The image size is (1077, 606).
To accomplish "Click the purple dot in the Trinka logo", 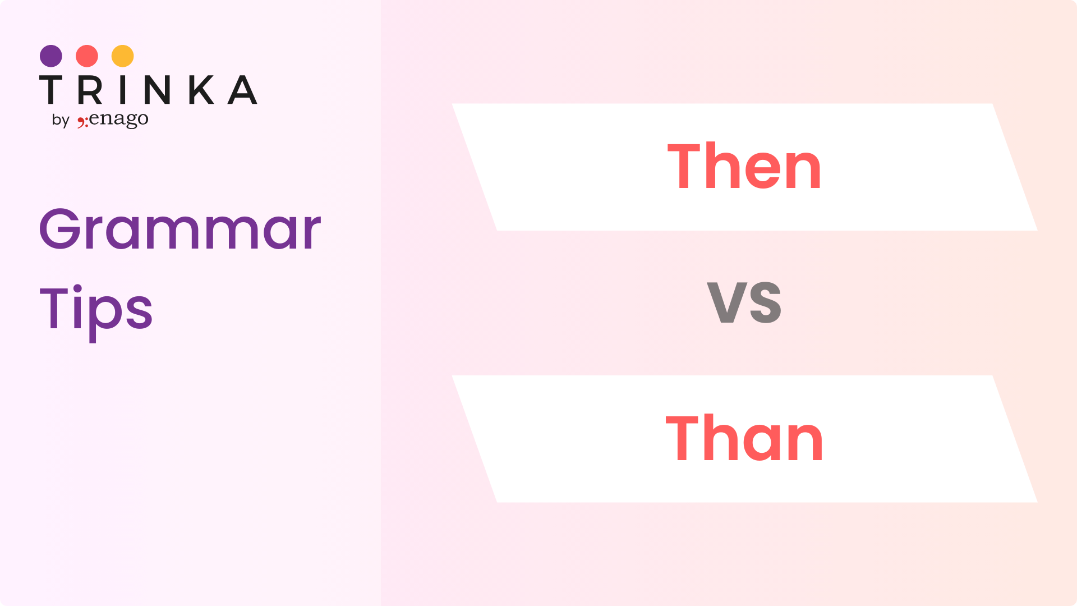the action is coord(51,56).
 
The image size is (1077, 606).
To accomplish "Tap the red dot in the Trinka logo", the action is coord(87,56).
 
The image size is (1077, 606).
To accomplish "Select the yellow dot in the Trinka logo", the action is coord(123,56).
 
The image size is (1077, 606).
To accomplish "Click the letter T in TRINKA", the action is coord(50,90).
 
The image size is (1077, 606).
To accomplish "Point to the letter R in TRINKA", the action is coord(90,90).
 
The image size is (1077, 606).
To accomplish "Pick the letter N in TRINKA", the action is coord(157,90).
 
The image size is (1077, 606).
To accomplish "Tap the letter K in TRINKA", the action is coord(201,90).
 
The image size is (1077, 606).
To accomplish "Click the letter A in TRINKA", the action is coord(242,90).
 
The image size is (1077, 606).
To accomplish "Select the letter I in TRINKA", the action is coord(123,90).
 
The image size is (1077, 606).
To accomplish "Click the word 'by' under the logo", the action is coord(61,120).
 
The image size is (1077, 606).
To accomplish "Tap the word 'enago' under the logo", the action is coord(118,120).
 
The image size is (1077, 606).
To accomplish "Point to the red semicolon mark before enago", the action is coord(82,122).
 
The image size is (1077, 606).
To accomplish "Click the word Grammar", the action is coord(180,229).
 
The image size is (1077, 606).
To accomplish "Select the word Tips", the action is coord(96,311).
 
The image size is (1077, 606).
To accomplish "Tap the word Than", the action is coord(744,438).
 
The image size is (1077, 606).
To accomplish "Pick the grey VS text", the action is coord(744,302).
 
